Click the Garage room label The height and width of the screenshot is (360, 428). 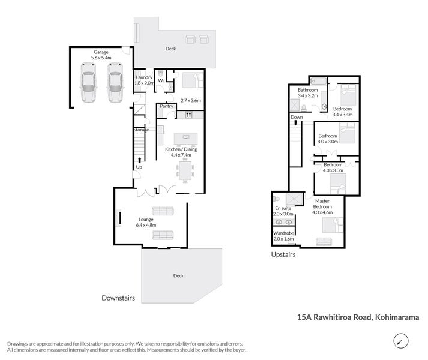100,52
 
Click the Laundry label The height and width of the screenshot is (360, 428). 144,77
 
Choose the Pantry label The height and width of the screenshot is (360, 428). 166,106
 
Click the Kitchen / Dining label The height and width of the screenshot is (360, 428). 181,149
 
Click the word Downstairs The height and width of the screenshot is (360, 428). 118,298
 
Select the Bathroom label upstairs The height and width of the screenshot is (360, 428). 307,90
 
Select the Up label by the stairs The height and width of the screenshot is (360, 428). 140,167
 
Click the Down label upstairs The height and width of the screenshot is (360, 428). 296,117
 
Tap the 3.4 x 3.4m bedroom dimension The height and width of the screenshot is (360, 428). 342,114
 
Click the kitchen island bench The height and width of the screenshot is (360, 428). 185,138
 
